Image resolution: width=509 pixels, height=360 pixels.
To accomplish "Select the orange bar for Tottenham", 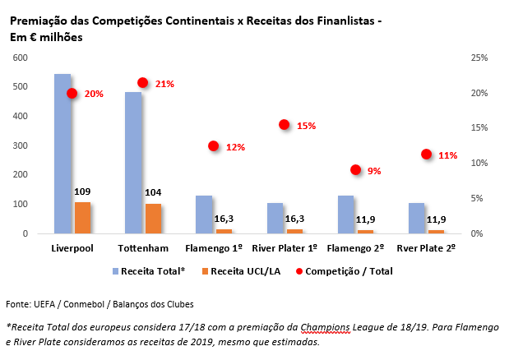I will pos(154,219).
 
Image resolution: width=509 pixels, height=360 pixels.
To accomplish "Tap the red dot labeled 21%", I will pos(142,83).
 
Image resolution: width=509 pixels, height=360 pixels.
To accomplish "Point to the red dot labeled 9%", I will pos(355,170).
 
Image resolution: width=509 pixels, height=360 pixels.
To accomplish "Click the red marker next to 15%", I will pos(285,125).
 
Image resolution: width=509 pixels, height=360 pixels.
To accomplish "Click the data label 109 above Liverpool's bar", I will pos(82,192).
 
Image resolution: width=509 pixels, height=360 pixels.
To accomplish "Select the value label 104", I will pos(153,193).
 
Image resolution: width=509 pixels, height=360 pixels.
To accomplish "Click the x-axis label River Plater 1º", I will pos(284,247).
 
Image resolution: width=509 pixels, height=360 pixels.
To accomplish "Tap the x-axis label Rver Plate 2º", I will pos(425,247).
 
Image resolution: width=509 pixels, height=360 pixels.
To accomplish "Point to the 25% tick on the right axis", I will pos(479,58).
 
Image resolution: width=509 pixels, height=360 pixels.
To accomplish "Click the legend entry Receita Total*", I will pos(153,270).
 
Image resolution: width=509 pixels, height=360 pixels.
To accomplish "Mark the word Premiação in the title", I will pos(36,20).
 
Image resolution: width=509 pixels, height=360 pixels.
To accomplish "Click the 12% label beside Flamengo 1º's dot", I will pos(236,148).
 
